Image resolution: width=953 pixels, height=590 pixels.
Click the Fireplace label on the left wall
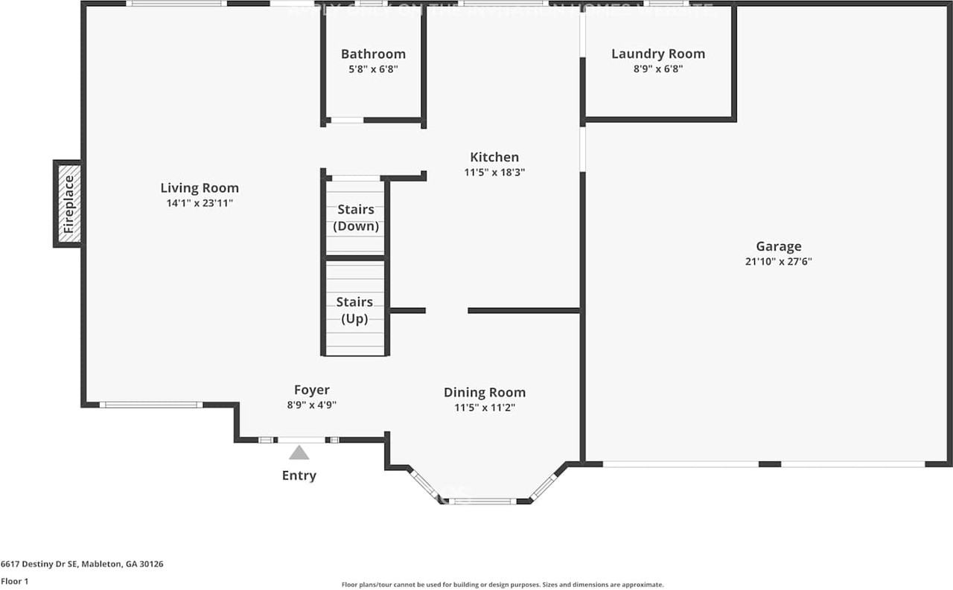pyautogui.click(x=68, y=204)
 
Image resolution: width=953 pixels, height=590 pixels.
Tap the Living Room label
pyautogui.click(x=200, y=188)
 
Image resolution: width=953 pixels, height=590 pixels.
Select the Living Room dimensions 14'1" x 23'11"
pyautogui.click(x=200, y=203)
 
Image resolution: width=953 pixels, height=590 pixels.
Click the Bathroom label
pyautogui.click(x=373, y=54)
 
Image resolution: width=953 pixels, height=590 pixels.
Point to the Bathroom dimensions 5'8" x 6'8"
pyautogui.click(x=373, y=69)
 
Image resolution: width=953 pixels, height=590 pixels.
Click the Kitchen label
pyautogui.click(x=494, y=157)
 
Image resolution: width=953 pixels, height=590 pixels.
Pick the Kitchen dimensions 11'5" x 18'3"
pyautogui.click(x=494, y=172)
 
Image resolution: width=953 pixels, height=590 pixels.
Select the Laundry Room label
pyautogui.click(x=657, y=54)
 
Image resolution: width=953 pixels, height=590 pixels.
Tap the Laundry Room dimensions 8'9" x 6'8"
pyautogui.click(x=657, y=69)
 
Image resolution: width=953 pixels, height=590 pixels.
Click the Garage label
pyautogui.click(x=779, y=247)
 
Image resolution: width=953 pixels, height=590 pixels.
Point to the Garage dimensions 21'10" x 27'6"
pyautogui.click(x=779, y=262)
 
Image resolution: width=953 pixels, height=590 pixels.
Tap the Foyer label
pyautogui.click(x=311, y=390)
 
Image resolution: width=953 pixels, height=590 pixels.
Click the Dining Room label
pyautogui.click(x=485, y=393)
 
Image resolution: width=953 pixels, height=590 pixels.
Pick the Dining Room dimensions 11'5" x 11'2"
pyautogui.click(x=485, y=408)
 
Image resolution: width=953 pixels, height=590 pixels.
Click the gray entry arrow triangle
pyautogui.click(x=299, y=453)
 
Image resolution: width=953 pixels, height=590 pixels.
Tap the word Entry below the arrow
pyautogui.click(x=299, y=476)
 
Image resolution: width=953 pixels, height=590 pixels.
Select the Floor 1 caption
pyautogui.click(x=14, y=581)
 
